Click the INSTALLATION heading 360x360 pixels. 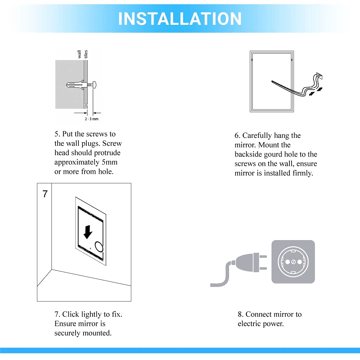coord(180,19)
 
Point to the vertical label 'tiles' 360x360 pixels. coord(86,54)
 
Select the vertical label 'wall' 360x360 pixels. coord(80,54)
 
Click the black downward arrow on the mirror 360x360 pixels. coord(87,231)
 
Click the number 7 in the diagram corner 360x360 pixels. coord(45,194)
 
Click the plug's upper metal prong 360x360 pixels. coord(263,256)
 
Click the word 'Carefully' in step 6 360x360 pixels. coord(257,135)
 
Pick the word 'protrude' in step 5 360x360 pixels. coord(107,153)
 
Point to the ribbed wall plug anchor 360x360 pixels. coord(74,85)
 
